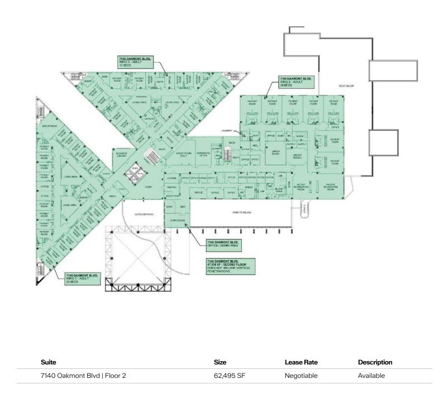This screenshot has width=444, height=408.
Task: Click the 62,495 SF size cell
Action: point(230,376)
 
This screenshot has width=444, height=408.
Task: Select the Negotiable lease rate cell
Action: point(301,376)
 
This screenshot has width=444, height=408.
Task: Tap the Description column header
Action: point(375,362)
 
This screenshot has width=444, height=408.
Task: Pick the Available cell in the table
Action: point(371,376)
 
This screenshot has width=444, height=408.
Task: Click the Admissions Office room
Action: point(202,154)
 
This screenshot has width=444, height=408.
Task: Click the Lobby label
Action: point(149,187)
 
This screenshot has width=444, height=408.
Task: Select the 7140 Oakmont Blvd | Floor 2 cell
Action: point(83,376)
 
